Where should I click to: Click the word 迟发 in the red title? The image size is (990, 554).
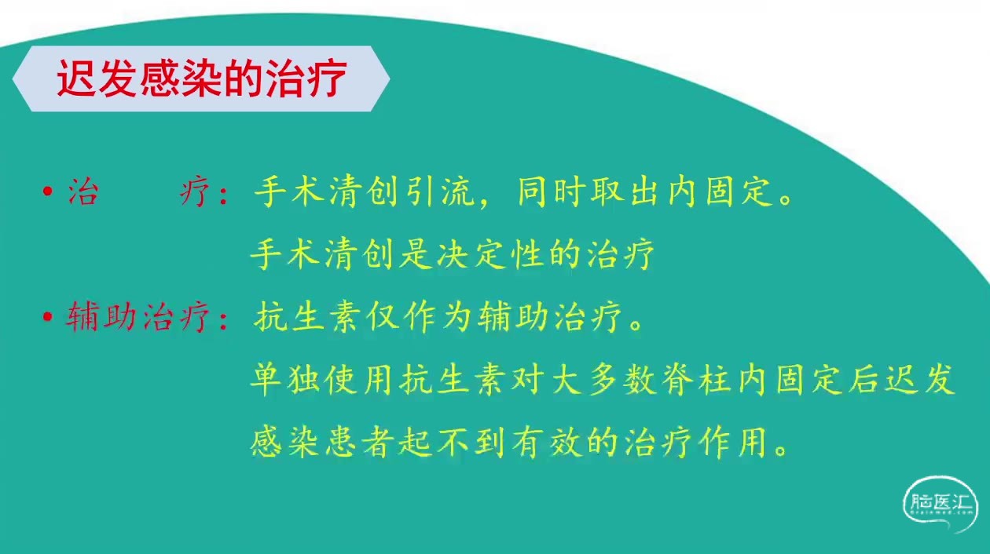point(97,79)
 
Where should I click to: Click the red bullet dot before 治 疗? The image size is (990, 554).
point(48,191)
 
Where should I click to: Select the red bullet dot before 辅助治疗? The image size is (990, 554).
point(48,316)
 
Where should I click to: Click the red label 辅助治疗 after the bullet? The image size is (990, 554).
point(137,316)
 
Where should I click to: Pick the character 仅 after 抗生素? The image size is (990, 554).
point(383,317)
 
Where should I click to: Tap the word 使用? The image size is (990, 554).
point(358,380)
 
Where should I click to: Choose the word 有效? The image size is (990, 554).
point(546,443)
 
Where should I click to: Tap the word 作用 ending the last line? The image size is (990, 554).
point(734,443)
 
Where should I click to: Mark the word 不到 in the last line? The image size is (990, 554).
point(471,443)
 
